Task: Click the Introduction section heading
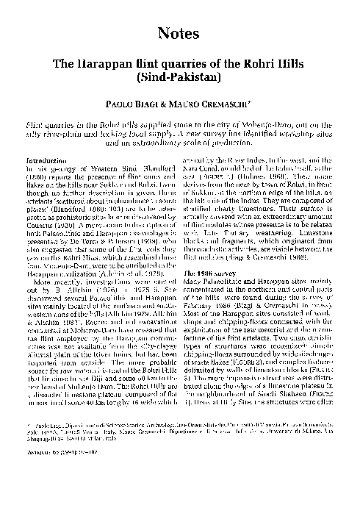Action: point(48,160)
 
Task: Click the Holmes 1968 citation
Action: point(272,175)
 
